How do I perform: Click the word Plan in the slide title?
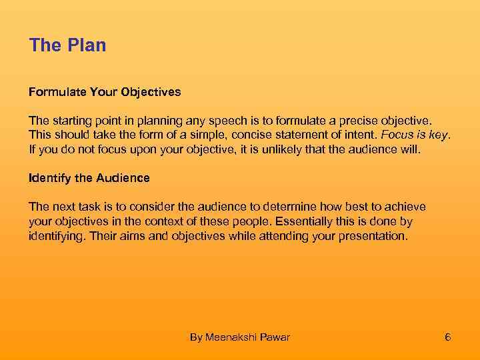(x=87, y=45)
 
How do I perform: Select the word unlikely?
(x=280, y=149)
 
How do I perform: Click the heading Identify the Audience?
(x=89, y=178)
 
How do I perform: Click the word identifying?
(x=55, y=236)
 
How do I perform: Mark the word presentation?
(x=376, y=236)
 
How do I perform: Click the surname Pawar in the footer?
(x=276, y=337)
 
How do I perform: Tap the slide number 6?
(x=448, y=337)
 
